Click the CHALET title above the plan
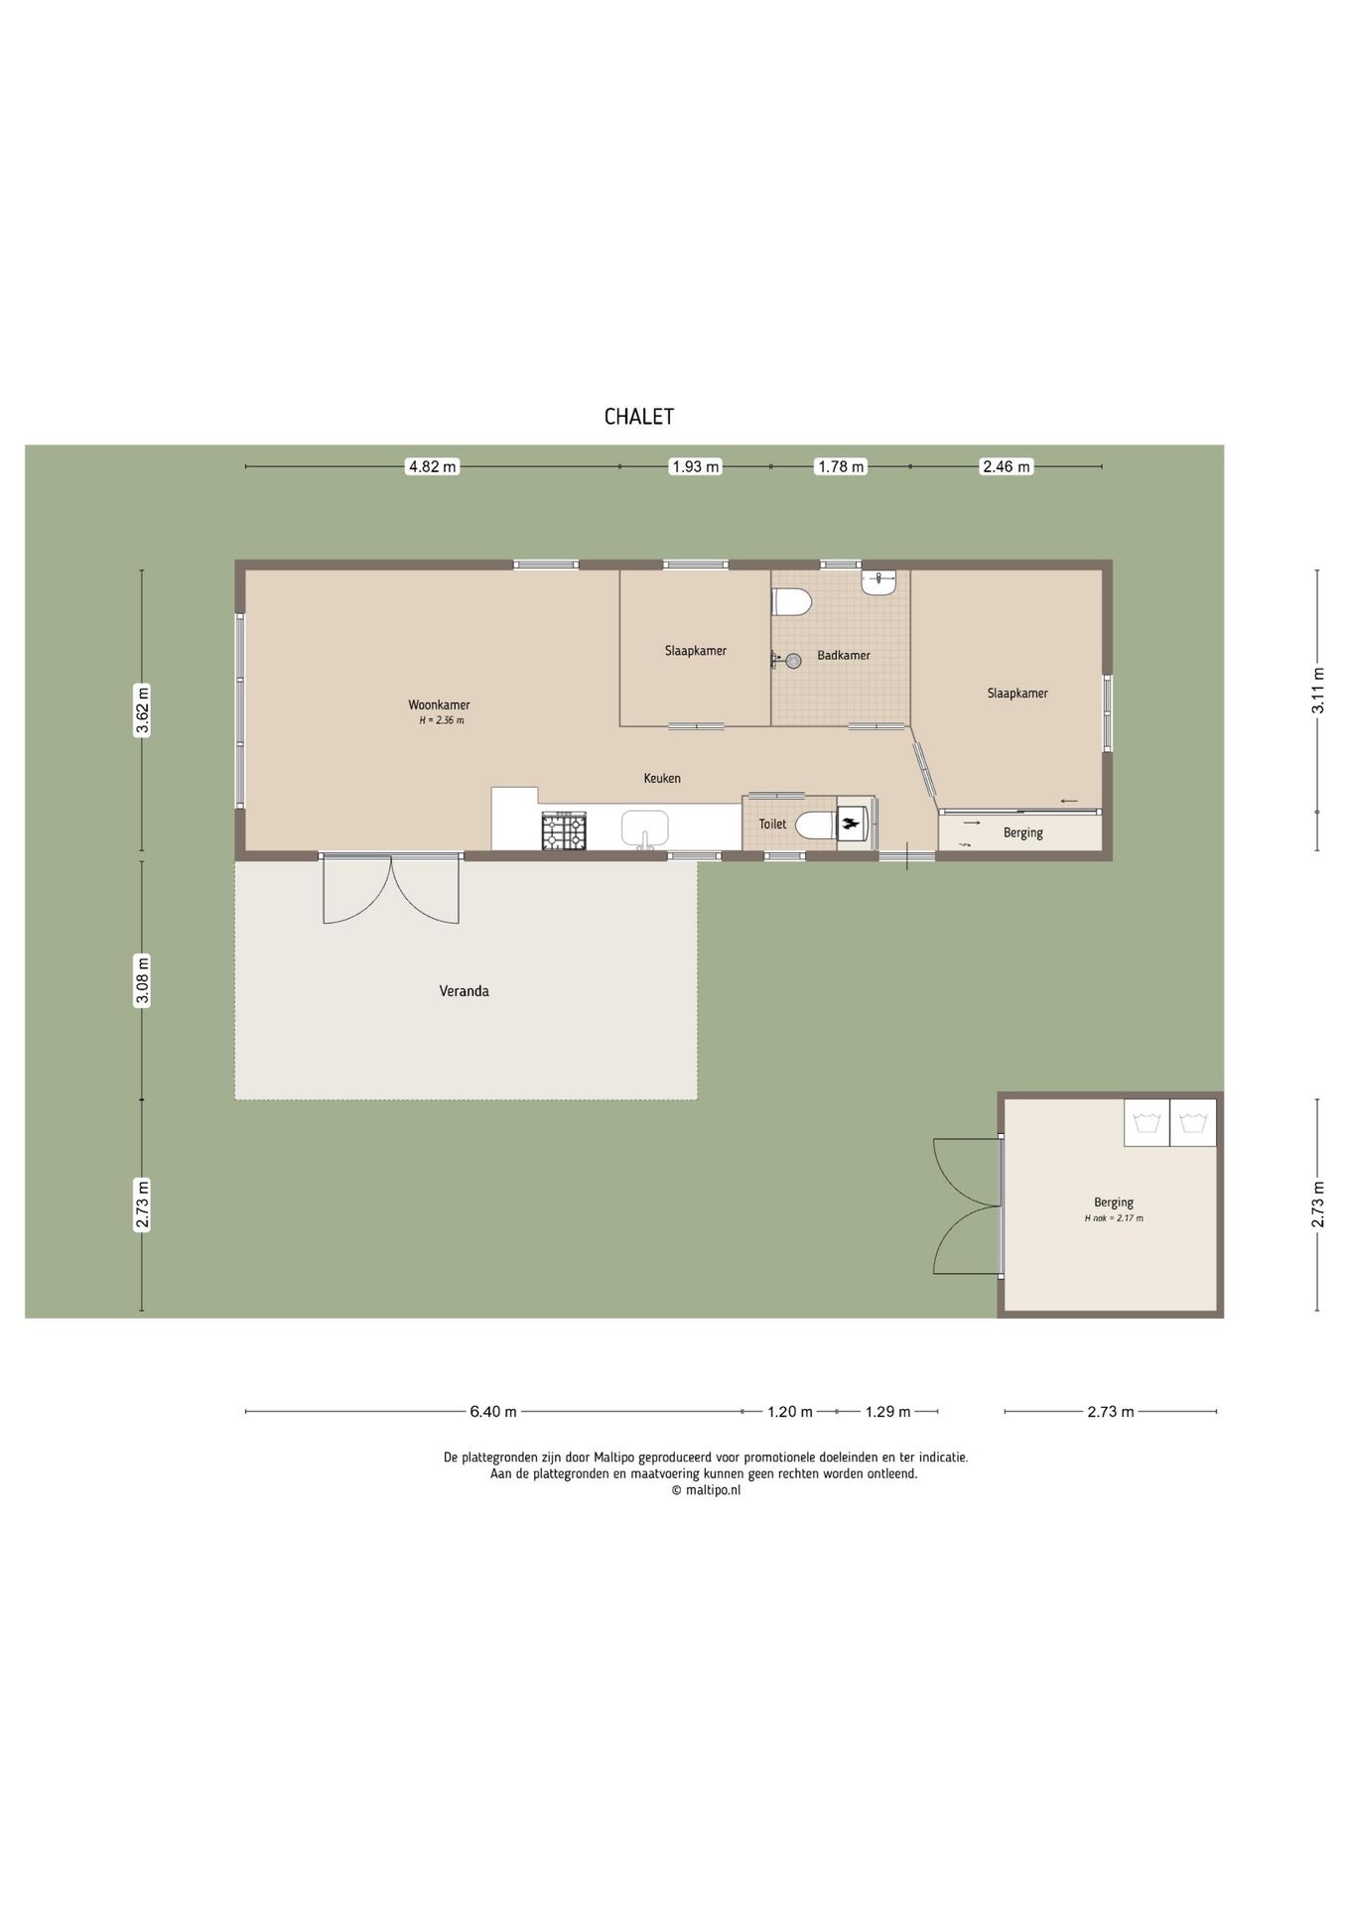[639, 417]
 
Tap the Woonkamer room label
[445, 705]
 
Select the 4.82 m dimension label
[433, 466]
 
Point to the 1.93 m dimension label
[696, 466]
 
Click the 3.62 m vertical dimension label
[142, 710]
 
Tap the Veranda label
[465, 991]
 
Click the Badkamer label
[844, 656]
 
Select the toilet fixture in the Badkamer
[792, 601]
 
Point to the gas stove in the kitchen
[564, 830]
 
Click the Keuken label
[662, 779]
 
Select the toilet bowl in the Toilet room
[815, 825]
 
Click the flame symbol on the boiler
[851, 823]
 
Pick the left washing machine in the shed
[1147, 1123]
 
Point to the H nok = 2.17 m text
[1114, 1218]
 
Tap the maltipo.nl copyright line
[706, 1490]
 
